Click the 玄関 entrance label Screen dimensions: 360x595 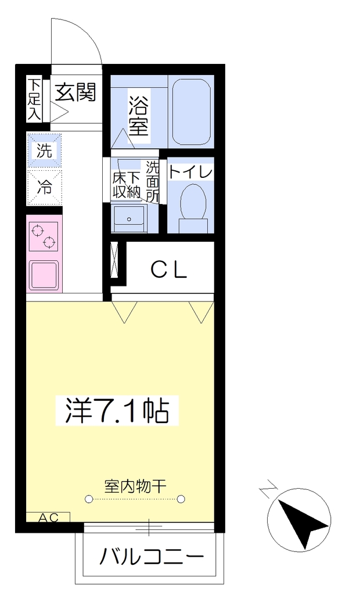(x=75, y=92)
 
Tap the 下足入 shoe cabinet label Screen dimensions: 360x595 (x=34, y=99)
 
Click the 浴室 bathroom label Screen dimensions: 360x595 (x=138, y=116)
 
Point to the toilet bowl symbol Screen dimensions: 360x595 (x=193, y=207)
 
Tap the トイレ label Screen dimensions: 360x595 (x=190, y=172)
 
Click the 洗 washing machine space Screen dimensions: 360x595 (x=44, y=150)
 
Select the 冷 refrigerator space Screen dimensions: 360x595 (x=44, y=187)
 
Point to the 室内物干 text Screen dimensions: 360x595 (x=135, y=486)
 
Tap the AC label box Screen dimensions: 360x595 (x=48, y=517)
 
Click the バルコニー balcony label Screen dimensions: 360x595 (x=152, y=557)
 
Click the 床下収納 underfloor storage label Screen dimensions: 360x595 (x=127, y=185)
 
